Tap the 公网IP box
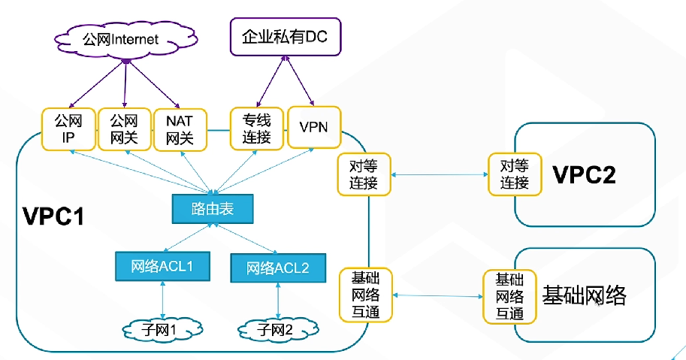(68, 129)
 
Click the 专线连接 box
(256, 129)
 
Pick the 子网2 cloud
(278, 328)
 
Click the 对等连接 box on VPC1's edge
(363, 174)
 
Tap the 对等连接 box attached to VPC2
(514, 174)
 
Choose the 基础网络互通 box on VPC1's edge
(363, 295)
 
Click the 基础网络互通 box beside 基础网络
(509, 295)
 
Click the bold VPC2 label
(584, 175)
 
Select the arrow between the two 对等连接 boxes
(438, 174)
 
